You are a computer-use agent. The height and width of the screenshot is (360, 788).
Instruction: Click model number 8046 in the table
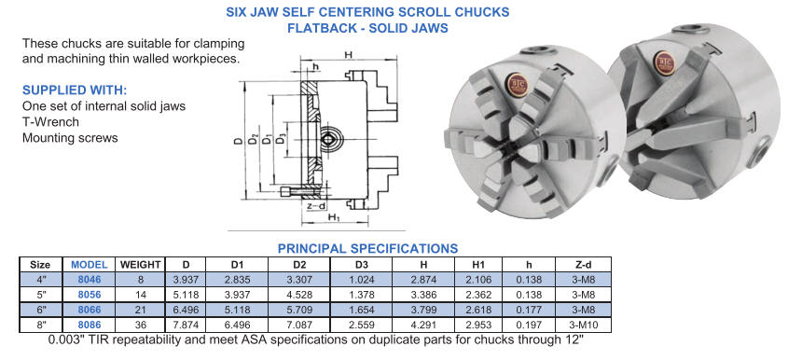click(x=90, y=280)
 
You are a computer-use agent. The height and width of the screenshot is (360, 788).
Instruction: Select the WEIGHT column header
click(x=140, y=265)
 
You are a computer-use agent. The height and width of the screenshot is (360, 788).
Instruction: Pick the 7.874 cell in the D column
click(x=185, y=325)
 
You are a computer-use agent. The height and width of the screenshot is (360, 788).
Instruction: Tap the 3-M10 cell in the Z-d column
click(x=583, y=325)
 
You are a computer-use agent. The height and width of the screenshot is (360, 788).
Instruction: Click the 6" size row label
click(x=41, y=310)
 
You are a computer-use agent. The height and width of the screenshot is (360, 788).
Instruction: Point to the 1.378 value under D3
click(x=361, y=295)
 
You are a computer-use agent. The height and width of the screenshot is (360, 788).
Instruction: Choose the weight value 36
click(x=140, y=325)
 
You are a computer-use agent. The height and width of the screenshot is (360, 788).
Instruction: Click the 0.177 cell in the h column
click(x=530, y=310)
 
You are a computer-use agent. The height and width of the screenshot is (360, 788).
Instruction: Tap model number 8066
click(x=90, y=310)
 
